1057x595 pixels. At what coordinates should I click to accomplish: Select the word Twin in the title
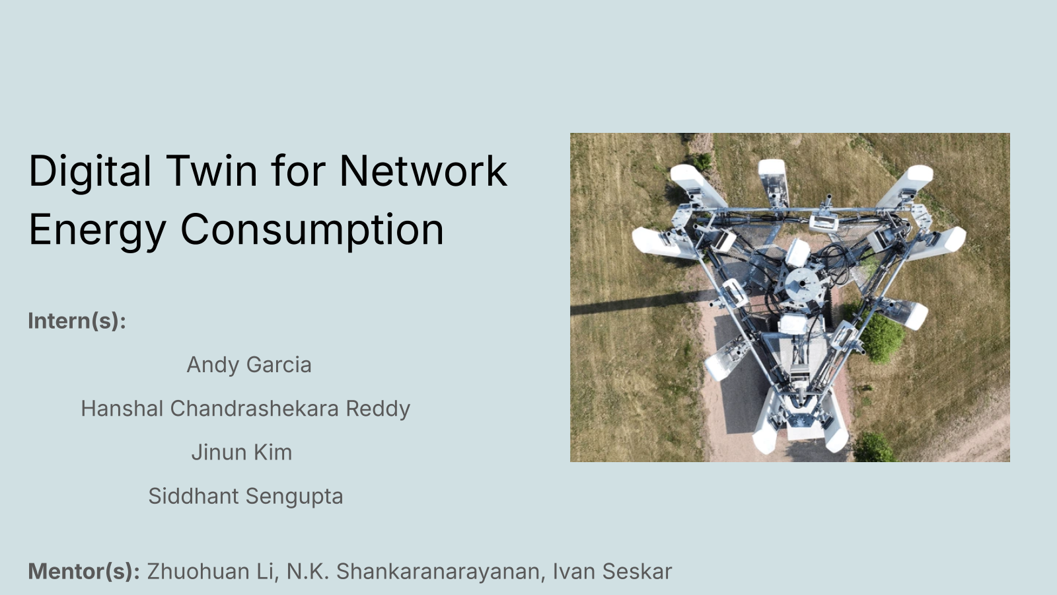point(211,171)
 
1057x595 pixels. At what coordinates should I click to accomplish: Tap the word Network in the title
point(423,171)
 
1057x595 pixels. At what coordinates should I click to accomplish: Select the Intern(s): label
point(77,321)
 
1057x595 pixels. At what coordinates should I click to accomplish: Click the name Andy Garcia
point(249,365)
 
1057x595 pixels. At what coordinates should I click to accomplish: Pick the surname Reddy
point(378,409)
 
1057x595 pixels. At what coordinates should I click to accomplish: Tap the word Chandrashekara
point(254,409)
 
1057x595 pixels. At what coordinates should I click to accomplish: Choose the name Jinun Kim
point(242,452)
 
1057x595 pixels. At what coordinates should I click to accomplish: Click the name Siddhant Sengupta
point(245,496)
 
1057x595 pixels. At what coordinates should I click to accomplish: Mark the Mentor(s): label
point(84,571)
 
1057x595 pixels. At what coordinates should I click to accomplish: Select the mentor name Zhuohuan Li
point(211,571)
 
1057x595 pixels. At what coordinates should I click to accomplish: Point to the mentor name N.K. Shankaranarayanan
point(414,571)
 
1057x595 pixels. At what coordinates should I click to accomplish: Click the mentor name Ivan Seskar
point(612,571)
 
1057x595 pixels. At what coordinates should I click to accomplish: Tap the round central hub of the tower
point(802,285)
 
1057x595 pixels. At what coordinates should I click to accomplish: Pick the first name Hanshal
point(122,409)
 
